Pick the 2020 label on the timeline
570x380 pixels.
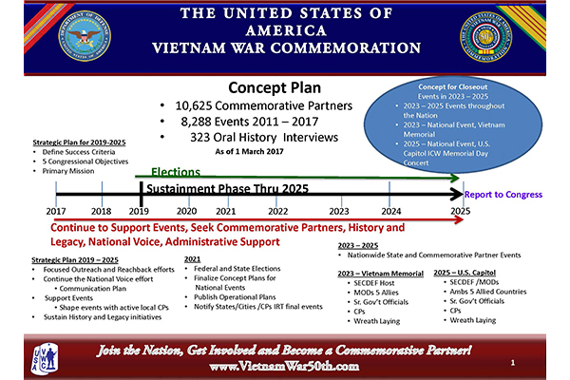[187, 211]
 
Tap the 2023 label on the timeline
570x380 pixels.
[338, 211]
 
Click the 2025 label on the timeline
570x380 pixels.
[460, 211]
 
